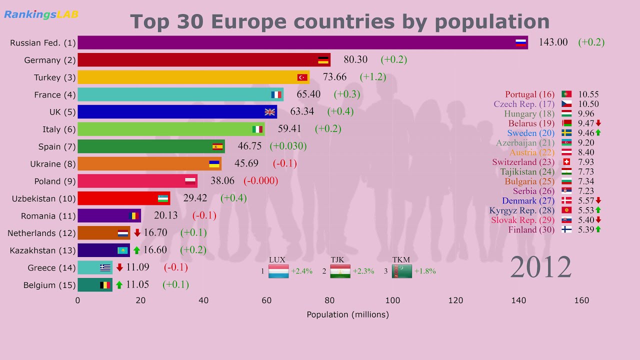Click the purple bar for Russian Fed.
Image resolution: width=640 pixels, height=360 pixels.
300,42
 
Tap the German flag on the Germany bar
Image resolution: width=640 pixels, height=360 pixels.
323,60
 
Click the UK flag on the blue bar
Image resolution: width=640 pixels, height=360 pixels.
270,111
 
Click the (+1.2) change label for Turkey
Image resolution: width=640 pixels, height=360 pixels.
372,77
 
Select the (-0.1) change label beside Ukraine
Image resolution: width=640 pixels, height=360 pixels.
284,163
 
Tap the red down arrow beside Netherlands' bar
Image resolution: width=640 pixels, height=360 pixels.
137,232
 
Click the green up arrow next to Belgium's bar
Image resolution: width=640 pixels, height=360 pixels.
119,285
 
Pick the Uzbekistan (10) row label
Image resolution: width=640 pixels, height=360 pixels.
43,198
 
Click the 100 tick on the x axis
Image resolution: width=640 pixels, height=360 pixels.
392,300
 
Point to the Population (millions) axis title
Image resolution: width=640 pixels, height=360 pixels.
347,314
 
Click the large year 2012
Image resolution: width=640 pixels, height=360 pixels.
540,267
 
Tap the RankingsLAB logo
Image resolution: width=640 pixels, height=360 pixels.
41,14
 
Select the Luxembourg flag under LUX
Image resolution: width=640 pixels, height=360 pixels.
278,271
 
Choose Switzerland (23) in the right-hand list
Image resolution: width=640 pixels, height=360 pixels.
523,162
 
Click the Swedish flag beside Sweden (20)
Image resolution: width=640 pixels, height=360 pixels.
566,133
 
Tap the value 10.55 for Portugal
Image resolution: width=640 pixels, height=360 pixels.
588,94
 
